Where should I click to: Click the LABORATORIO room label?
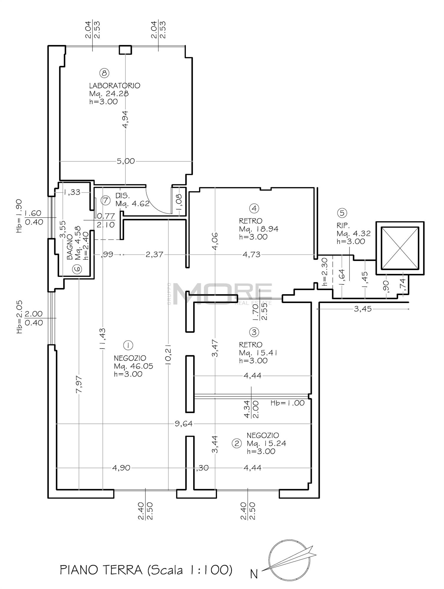pos(115,86)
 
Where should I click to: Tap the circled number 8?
pos(105,72)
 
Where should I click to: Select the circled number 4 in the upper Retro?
pos(254,209)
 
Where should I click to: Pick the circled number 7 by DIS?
pos(105,201)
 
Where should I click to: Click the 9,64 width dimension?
pos(183,424)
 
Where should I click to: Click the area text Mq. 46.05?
pos(133,366)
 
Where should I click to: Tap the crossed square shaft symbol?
pos(400,248)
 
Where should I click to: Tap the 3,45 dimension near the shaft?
pos(363,309)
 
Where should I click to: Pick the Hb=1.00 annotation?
pos(288,403)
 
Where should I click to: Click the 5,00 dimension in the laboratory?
pos(126,161)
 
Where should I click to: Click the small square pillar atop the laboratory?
pos(125,50)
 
